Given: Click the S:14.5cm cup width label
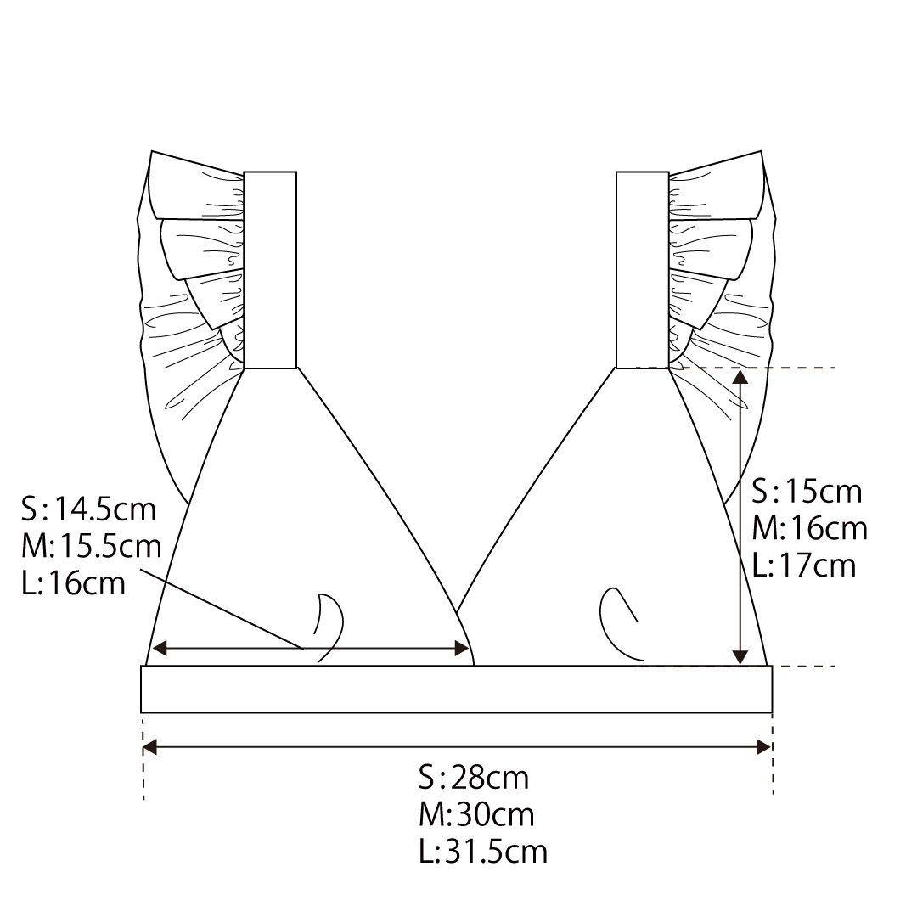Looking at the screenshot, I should coord(89,509).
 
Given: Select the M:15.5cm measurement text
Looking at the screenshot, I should coord(92,546).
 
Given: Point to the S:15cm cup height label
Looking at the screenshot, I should coord(807,491).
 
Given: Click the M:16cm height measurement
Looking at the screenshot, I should coord(811,528).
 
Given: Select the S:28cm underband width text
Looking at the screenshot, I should coord(474,778).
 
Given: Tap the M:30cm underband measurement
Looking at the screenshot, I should coord(476,815).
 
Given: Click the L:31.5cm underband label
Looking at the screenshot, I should coord(483,852).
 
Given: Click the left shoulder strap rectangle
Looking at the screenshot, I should coord(270,270).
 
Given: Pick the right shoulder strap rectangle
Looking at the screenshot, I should coord(642,270).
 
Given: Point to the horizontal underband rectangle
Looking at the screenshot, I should coord(456,689).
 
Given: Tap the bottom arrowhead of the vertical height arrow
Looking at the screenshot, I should coord(740,657).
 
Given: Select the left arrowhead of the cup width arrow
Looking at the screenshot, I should coord(159,650).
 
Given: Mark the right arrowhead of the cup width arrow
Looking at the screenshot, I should coord(463,650).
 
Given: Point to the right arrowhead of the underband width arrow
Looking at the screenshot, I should coord(763,747).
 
